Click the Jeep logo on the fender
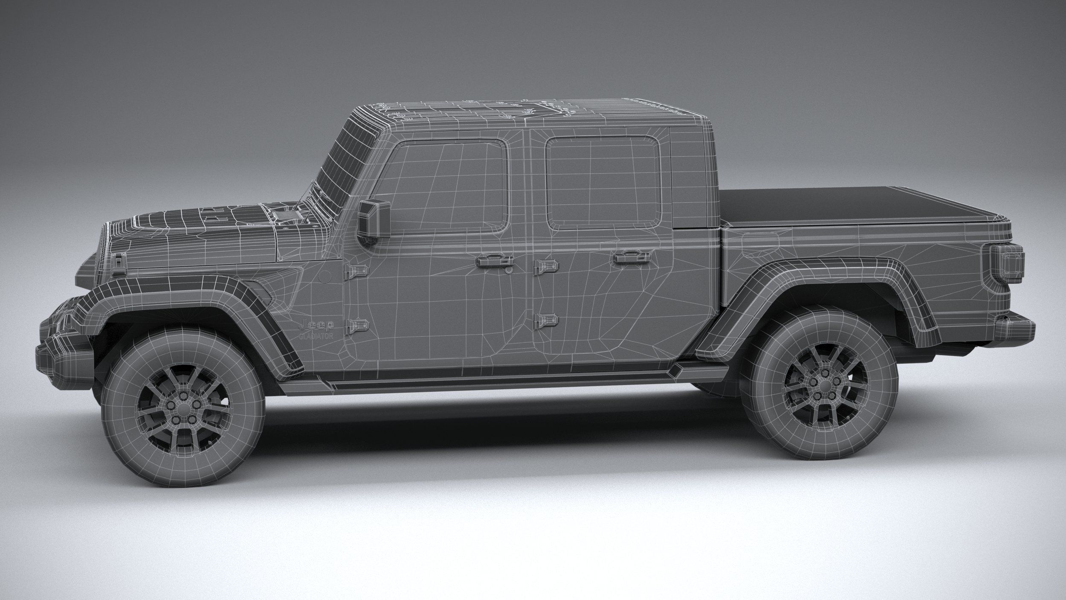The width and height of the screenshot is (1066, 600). [x=316, y=325]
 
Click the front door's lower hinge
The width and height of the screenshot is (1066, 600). [x=357, y=326]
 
